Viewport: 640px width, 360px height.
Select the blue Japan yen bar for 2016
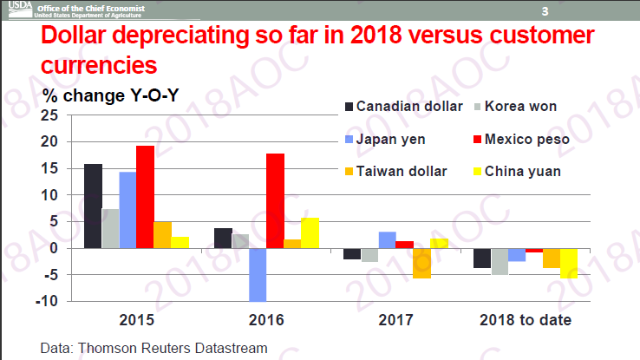(258, 274)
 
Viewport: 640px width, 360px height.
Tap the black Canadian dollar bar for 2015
(93, 206)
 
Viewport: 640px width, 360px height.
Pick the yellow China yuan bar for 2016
(310, 232)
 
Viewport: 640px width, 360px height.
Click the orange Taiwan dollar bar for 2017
(421, 263)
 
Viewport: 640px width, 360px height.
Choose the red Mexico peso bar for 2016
(275, 200)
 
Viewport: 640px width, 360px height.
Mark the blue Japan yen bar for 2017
(387, 240)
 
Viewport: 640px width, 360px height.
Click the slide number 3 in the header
(545, 11)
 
